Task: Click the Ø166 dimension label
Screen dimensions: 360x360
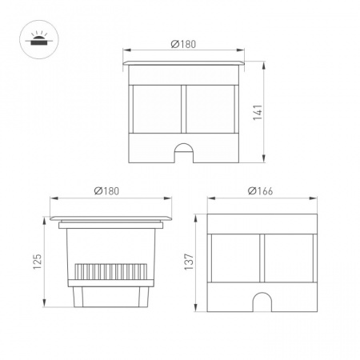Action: (260, 191)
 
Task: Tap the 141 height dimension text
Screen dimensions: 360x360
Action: (258, 112)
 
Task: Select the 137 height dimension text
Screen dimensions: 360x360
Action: (189, 262)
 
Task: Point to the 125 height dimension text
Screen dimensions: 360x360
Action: (38, 262)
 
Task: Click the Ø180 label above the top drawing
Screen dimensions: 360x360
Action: (183, 44)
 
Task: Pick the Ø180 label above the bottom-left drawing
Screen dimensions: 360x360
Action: (106, 191)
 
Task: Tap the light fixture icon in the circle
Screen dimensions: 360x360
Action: (37, 39)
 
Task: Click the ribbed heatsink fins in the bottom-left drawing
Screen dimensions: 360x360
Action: (111, 271)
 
